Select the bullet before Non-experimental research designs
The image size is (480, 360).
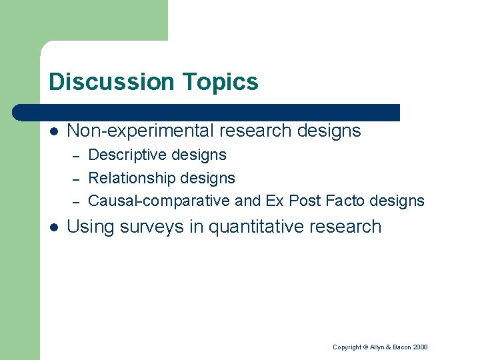pos(53,131)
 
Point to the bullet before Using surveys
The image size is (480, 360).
pos(53,227)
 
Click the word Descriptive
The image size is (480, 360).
pos(127,155)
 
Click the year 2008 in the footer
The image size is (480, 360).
pos(420,347)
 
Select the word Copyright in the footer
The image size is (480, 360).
pos(347,347)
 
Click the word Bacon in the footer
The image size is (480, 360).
pos(400,347)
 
